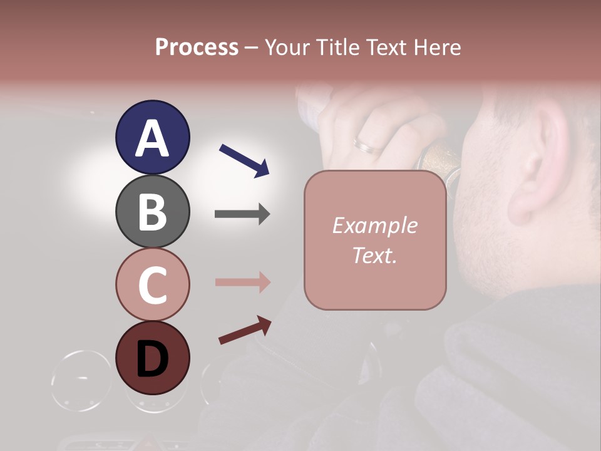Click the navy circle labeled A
point(152,137)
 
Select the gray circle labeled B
point(152,211)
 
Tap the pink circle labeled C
point(152,284)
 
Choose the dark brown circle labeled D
point(152,358)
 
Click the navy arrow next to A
point(244,160)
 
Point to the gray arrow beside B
point(242,214)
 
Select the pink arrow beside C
point(242,283)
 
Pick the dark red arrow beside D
point(245,330)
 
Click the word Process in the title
point(197,47)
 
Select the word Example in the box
point(374,225)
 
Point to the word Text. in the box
point(374,255)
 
